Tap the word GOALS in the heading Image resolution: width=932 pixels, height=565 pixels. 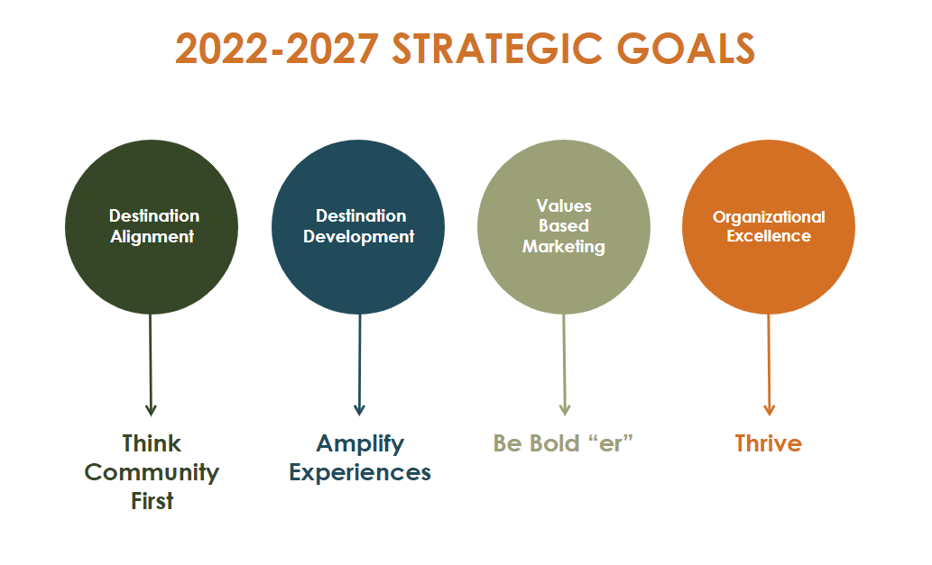(x=686, y=48)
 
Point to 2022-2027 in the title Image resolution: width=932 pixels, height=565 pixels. (x=277, y=48)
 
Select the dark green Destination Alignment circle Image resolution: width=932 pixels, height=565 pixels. (x=152, y=227)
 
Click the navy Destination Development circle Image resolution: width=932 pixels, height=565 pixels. (x=358, y=227)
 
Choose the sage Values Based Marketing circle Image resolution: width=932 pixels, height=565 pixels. (x=564, y=227)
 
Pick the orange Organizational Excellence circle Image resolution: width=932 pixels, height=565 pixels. (x=769, y=227)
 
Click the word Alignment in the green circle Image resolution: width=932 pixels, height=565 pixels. (x=152, y=237)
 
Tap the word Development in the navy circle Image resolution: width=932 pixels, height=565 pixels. (x=358, y=237)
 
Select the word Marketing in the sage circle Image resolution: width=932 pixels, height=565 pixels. (x=564, y=247)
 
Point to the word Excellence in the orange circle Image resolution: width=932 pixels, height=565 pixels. (x=769, y=236)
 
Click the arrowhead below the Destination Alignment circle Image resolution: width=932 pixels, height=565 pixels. (x=151, y=409)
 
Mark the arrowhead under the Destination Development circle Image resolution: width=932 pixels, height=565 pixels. (x=359, y=409)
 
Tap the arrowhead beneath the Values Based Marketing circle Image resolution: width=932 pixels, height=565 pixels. (x=565, y=409)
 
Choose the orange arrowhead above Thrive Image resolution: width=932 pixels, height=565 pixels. (x=769, y=409)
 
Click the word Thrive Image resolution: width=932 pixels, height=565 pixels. (x=769, y=443)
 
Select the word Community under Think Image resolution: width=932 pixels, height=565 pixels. (x=152, y=473)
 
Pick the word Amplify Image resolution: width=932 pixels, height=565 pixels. (x=360, y=444)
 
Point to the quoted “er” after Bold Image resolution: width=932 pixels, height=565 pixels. (x=611, y=443)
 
